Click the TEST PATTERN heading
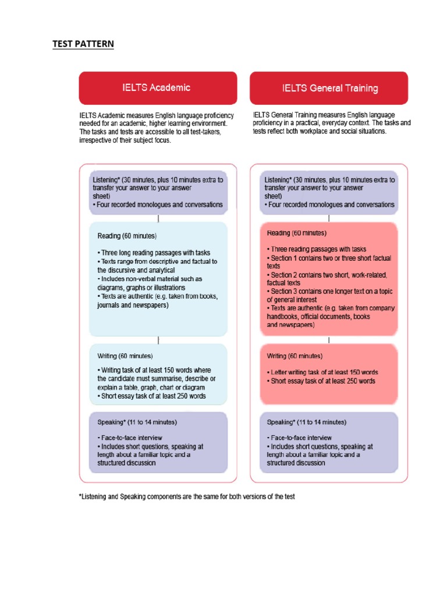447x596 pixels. pyautogui.click(x=83, y=44)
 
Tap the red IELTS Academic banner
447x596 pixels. pyautogui.click(x=158, y=88)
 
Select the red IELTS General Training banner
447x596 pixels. pyautogui.click(x=329, y=88)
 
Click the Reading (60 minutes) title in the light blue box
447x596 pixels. pyautogui.click(x=127, y=236)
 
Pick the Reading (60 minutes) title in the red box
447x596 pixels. pyautogui.click(x=296, y=233)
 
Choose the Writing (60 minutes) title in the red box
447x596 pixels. pyautogui.click(x=295, y=356)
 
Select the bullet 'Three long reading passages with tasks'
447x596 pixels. pyautogui.click(x=154, y=253)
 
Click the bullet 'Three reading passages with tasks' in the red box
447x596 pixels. pyautogui.click(x=316, y=249)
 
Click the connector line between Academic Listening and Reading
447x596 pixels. pyautogui.click(x=158, y=218)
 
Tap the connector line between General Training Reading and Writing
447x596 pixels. pyautogui.click(x=329, y=339)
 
